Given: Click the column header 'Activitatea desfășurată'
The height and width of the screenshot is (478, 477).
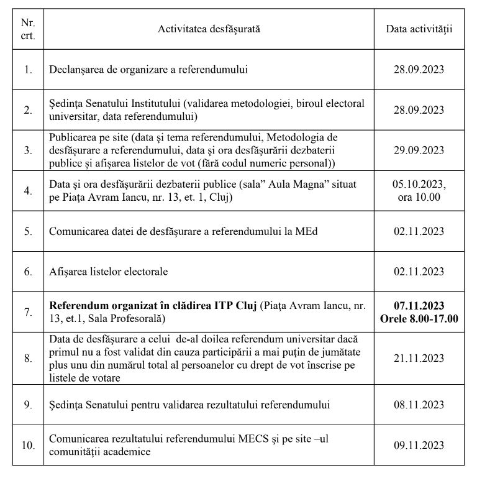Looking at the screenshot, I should pyautogui.click(x=209, y=29).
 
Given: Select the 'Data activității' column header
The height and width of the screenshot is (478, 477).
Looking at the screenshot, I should pyautogui.click(x=419, y=29).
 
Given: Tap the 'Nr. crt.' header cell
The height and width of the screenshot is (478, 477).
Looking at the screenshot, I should pyautogui.click(x=27, y=29).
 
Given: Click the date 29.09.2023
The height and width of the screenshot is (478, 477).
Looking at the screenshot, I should pyautogui.click(x=419, y=150).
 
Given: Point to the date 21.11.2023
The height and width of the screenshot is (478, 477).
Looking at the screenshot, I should pyautogui.click(x=419, y=358).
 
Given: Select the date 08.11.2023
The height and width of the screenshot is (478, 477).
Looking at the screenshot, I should pyautogui.click(x=419, y=405).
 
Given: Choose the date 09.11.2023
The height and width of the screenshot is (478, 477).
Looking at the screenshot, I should pyautogui.click(x=419, y=445).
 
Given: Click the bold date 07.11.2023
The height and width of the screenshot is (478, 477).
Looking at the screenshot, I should pyautogui.click(x=419, y=306).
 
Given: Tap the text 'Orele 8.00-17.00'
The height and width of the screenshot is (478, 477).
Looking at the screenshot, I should pyautogui.click(x=419, y=318).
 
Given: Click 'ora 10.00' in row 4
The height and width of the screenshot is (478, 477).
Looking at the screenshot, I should pyautogui.click(x=419, y=198).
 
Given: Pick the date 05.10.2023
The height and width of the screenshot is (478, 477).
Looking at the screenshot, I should pyautogui.click(x=419, y=185).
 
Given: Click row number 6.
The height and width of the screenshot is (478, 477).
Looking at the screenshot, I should pyautogui.click(x=27, y=272).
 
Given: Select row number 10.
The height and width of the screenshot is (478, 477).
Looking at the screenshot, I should pyautogui.click(x=27, y=445).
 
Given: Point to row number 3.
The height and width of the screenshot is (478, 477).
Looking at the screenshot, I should pyautogui.click(x=27, y=150).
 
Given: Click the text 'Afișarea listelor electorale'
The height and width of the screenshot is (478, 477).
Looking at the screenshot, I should pyautogui.click(x=109, y=272).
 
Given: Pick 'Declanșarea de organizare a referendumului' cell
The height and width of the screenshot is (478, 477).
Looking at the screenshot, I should pyautogui.click(x=148, y=70).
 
